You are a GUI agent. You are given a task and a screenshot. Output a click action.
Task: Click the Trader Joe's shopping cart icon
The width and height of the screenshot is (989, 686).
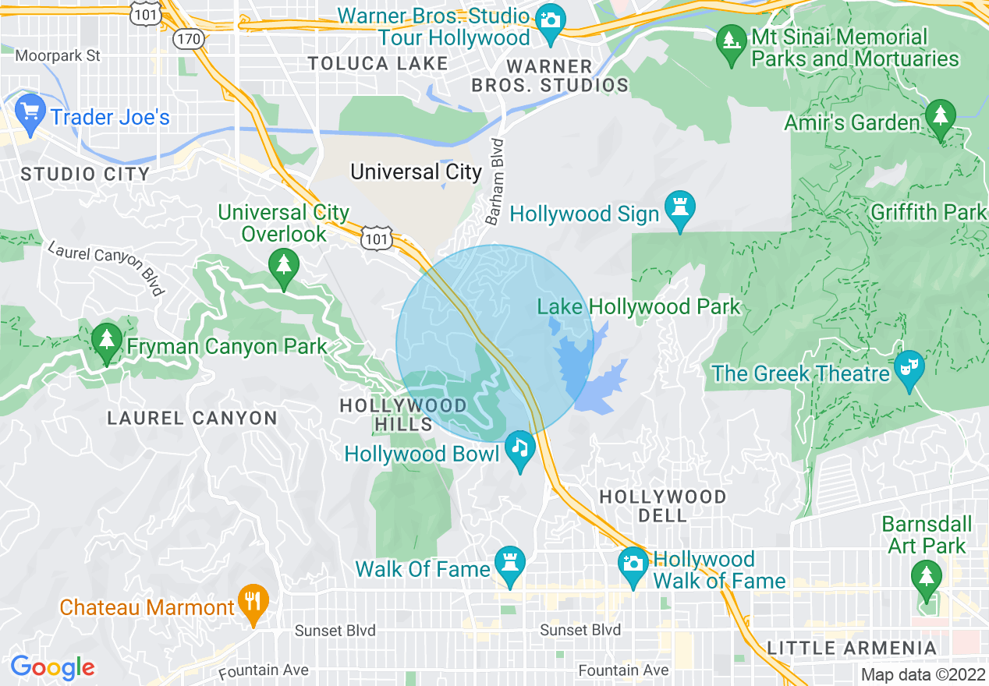click(x=30, y=112)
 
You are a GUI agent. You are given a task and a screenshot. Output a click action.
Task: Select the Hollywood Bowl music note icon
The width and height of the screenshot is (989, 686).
click(x=519, y=448)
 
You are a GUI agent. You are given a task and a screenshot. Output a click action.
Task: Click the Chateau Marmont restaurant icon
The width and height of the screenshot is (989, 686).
click(x=253, y=602)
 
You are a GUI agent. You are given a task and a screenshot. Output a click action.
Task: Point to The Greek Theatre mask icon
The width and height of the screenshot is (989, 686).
click(x=909, y=366)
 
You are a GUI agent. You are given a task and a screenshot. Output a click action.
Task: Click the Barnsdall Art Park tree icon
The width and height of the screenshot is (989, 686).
click(x=926, y=578)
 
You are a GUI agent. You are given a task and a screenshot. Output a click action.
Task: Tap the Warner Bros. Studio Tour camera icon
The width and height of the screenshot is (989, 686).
click(x=551, y=17)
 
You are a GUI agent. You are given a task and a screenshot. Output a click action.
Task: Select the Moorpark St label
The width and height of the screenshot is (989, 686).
click(x=58, y=55)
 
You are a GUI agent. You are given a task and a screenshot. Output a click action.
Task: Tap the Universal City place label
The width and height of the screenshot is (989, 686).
click(x=416, y=171)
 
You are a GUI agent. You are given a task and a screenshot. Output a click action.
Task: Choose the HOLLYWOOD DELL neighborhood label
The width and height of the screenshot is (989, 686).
click(x=661, y=505)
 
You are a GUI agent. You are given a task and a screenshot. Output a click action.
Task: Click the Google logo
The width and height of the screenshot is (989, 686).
click(x=52, y=667)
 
